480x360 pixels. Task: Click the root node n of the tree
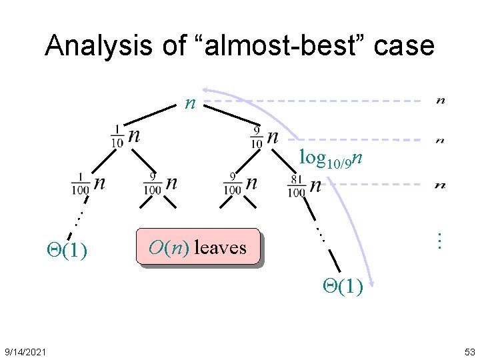[191, 103]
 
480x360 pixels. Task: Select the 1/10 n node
[126, 136]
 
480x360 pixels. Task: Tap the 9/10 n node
[264, 137]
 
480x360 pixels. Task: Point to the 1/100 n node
[89, 183]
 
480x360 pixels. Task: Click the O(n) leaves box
[197, 247]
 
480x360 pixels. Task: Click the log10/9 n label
[331, 159]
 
